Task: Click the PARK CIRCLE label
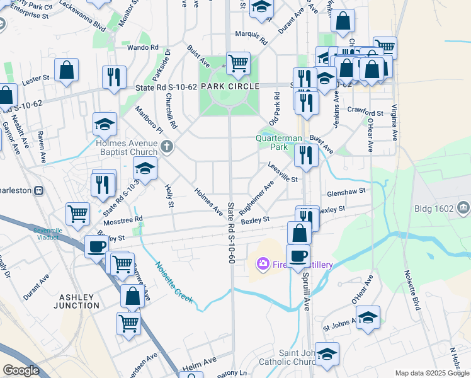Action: point(230,86)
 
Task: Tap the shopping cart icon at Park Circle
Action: point(238,63)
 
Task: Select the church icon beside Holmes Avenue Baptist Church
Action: point(167,147)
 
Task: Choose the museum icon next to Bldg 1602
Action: point(464,207)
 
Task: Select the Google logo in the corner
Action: point(21,370)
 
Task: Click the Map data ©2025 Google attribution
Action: point(432,373)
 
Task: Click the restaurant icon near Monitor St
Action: point(114,76)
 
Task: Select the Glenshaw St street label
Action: point(346,194)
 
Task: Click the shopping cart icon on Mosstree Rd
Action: point(77,213)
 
